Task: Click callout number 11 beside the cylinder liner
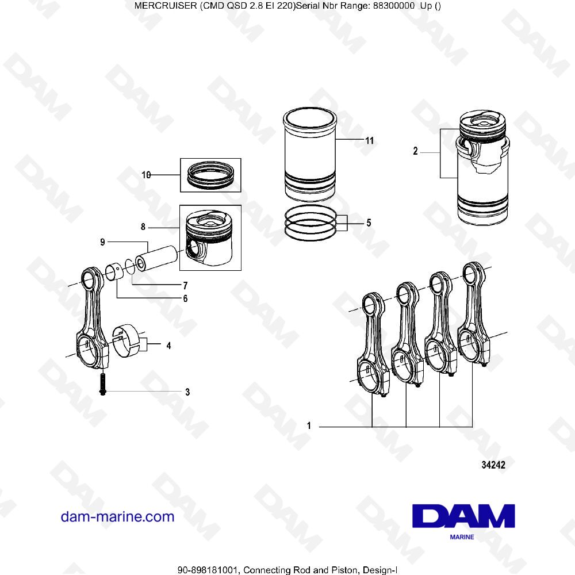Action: [369, 140]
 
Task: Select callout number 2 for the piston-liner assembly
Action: [415, 152]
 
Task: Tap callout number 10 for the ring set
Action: [146, 175]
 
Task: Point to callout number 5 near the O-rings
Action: [369, 223]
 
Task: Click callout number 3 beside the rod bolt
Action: [187, 393]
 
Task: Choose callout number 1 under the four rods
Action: [309, 426]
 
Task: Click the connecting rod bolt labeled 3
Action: [102, 384]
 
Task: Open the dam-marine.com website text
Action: [117, 516]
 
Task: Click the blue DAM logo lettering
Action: [463, 516]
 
